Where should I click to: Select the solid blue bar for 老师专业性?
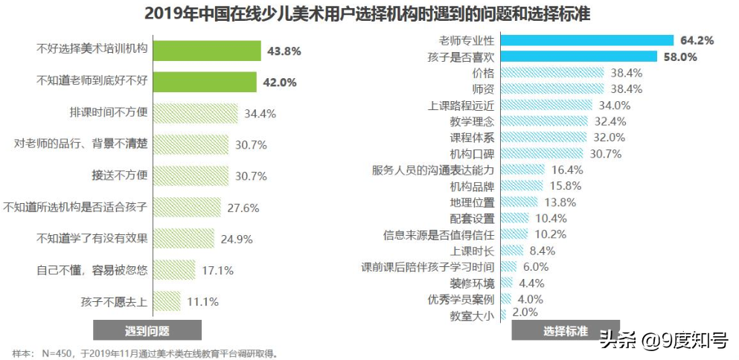pyautogui.click(x=587, y=40)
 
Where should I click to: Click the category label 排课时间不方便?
pyautogui.click(x=108, y=113)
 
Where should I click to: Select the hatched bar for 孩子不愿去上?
pyautogui.click(x=166, y=301)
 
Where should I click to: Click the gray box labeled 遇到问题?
pyautogui.click(x=147, y=331)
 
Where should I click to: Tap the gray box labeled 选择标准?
pyautogui.click(x=566, y=331)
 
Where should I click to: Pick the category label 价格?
pyautogui.click(x=483, y=73)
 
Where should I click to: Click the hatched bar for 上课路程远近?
pyautogui.click(x=547, y=105)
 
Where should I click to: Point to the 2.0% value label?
pyautogui.click(x=525, y=313)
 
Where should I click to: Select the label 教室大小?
pyautogui.click(x=472, y=316)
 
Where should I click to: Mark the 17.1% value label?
pyautogui.click(x=217, y=270)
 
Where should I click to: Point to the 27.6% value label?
pyautogui.click(x=243, y=208)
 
